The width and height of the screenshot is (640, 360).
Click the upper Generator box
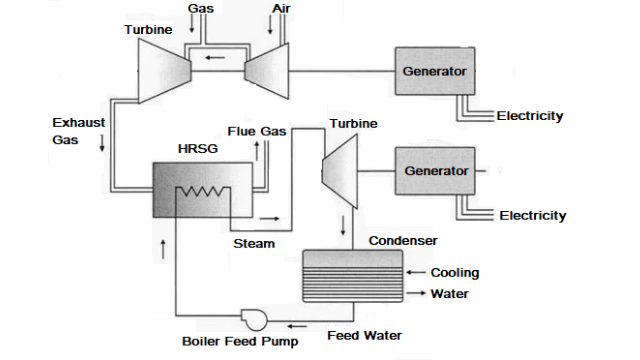pos(434,71)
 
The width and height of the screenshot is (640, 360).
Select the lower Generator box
pos(435,170)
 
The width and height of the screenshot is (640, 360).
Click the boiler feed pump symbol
pos(252,318)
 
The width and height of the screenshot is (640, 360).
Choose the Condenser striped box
pos(352,273)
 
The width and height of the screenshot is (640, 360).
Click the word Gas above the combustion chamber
pos(200,8)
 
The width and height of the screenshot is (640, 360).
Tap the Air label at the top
pos(282,8)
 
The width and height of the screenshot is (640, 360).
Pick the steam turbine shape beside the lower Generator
pos(341,167)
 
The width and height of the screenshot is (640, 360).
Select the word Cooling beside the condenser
pos(454,273)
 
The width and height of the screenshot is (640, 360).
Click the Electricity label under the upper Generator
pos(530,116)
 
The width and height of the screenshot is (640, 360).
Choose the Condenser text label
pos(402,241)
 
